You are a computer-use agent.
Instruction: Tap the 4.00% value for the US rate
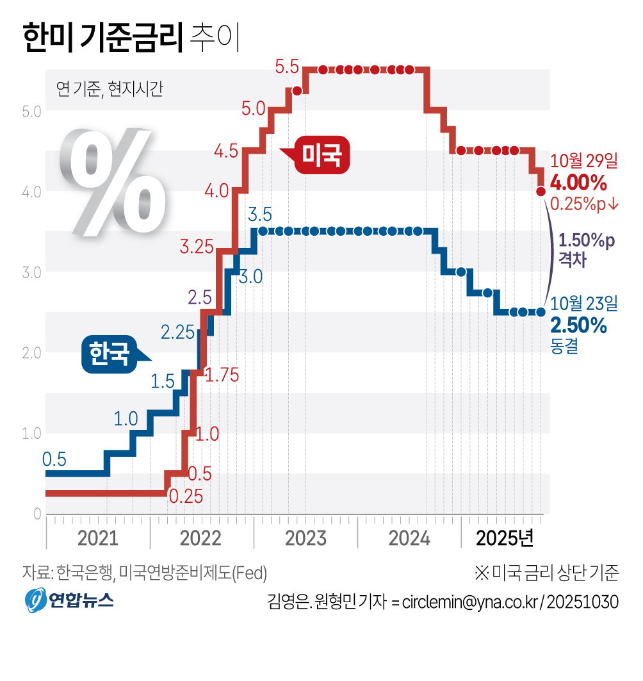(x=578, y=183)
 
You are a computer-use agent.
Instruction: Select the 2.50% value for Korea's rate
(x=578, y=325)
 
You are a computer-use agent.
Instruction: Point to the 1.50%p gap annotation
(x=585, y=242)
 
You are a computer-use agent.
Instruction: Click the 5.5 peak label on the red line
(x=287, y=66)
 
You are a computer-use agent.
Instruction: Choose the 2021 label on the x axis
(x=97, y=538)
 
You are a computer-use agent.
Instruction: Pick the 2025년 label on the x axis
(x=505, y=538)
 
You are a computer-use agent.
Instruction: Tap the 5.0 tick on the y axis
(x=31, y=111)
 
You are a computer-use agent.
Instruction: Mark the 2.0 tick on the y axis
(x=31, y=352)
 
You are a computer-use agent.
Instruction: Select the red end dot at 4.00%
(x=541, y=191)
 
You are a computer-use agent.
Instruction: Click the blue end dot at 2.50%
(x=541, y=312)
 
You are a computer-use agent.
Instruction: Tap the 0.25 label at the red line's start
(x=185, y=496)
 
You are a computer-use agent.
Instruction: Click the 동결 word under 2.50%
(x=564, y=347)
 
